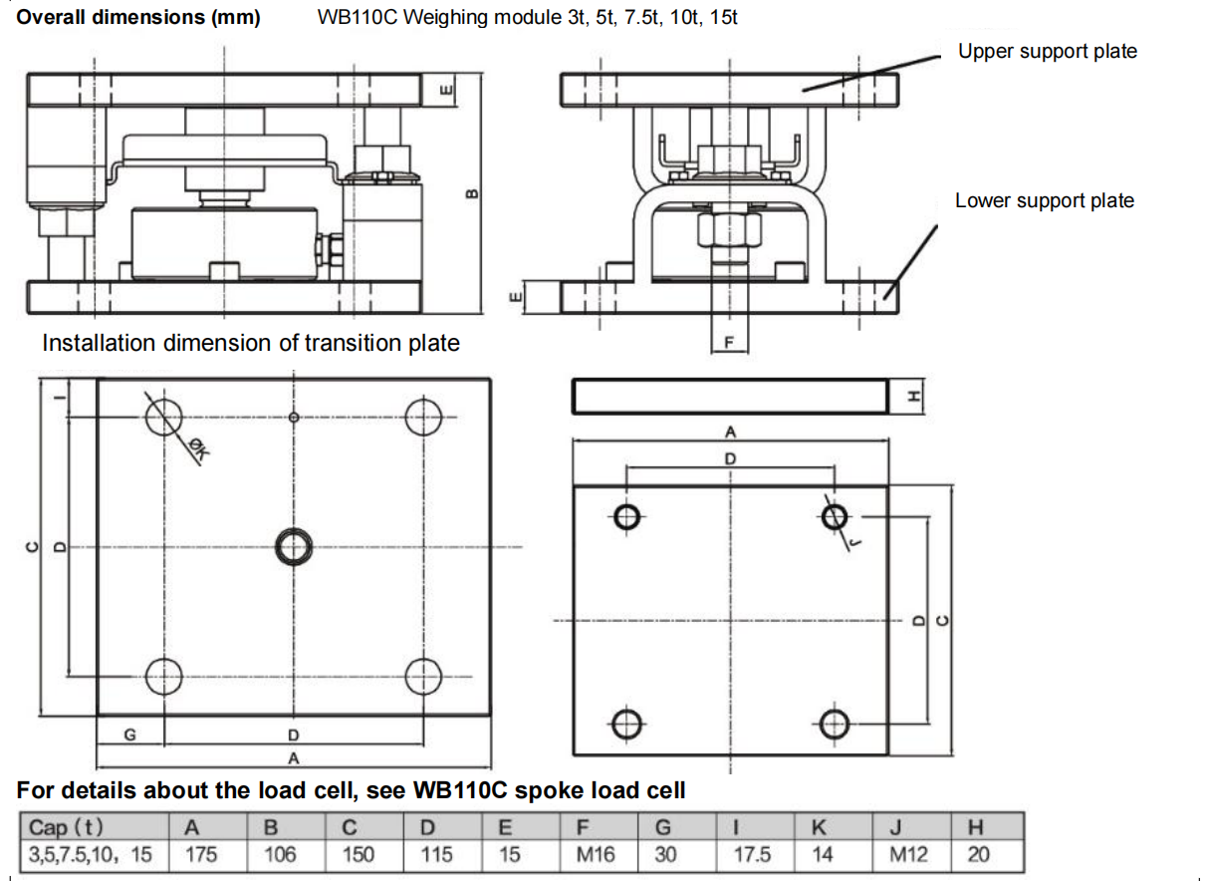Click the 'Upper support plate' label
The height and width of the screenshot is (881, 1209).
click(1047, 51)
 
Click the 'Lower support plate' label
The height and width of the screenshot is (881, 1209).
click(1044, 200)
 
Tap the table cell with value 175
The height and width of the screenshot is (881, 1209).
click(201, 854)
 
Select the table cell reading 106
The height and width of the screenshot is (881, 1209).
click(280, 854)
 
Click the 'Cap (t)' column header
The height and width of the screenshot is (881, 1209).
click(67, 826)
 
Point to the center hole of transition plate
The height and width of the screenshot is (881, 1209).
click(294, 546)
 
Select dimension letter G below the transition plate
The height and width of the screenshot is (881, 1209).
click(129, 735)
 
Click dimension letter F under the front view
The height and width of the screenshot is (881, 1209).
click(728, 342)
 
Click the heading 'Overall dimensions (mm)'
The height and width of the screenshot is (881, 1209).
click(138, 18)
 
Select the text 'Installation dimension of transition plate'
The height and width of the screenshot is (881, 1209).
click(251, 344)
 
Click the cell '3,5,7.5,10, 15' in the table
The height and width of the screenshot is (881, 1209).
click(91, 854)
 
